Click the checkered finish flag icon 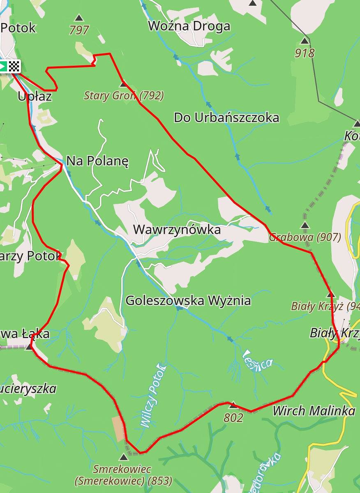[x=15, y=66]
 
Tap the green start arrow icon [x=3, y=66]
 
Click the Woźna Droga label [x=189, y=26]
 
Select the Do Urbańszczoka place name [x=226, y=117]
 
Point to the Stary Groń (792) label [x=124, y=96]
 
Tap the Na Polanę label [x=97, y=161]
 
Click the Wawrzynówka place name [x=177, y=230]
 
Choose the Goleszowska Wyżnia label [x=188, y=301]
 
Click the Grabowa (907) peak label [x=305, y=237]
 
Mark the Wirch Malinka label [x=314, y=411]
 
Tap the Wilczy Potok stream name [x=153, y=396]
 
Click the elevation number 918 [x=305, y=53]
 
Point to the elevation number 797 [x=79, y=30]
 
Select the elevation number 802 [x=233, y=418]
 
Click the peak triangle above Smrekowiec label [x=123, y=457]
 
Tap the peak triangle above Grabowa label [x=305, y=225]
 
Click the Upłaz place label [x=35, y=97]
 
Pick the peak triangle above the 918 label [x=305, y=41]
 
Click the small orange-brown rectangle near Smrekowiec [x=118, y=428]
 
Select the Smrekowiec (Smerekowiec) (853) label [x=123, y=475]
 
